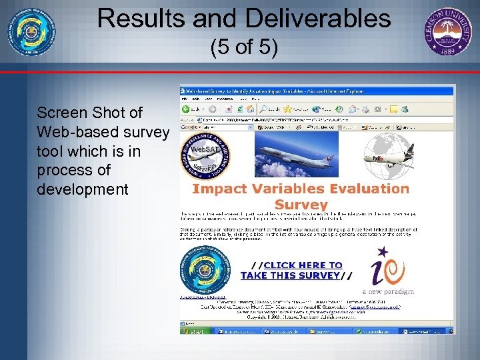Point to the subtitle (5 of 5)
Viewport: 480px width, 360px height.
coord(244,47)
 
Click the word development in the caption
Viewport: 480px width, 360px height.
coord(83,189)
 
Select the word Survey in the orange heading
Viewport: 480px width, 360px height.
coord(301,205)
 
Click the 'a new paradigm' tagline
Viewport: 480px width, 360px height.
coord(388,291)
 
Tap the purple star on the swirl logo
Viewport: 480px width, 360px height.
coord(383,253)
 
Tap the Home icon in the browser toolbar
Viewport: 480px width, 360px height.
coord(251,109)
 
